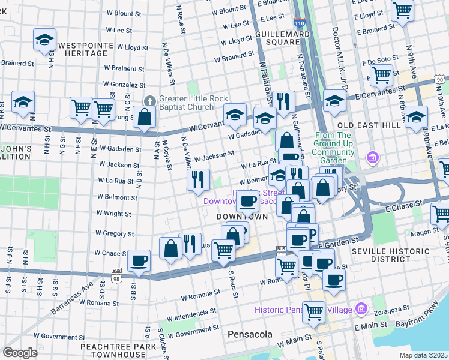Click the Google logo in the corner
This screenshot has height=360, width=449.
pyautogui.click(x=20, y=353)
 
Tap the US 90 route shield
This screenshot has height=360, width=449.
pyautogui.click(x=441, y=80)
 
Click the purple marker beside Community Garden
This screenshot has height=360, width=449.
pyautogui.click(x=373, y=157)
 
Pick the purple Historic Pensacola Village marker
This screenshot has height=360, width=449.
pyautogui.click(x=361, y=310)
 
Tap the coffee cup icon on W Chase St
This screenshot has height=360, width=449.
pyautogui.click(x=139, y=260)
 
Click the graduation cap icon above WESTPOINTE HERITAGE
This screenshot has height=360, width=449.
pyautogui.click(x=44, y=40)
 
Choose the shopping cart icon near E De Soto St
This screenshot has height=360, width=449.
pyautogui.click(x=381, y=76)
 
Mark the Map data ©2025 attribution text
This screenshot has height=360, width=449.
pyautogui.click(x=423, y=355)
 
